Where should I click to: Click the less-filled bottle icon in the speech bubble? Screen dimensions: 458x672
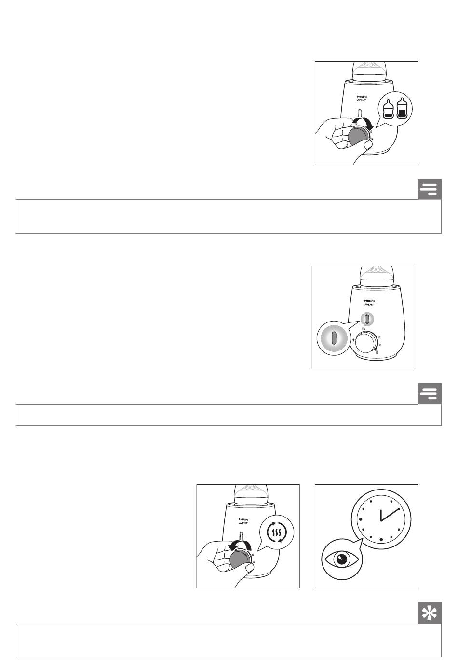[388, 110]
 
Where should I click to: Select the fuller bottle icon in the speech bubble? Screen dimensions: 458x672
[401, 109]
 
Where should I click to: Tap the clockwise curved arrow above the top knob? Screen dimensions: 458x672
[362, 121]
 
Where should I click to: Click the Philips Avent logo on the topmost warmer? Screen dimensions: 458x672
[362, 98]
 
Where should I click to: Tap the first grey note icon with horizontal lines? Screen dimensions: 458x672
[430, 189]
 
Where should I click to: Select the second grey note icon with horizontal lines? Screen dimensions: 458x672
[430, 393]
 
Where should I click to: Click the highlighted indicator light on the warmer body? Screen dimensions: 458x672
[367, 319]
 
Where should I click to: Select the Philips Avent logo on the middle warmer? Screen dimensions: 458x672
[369, 302]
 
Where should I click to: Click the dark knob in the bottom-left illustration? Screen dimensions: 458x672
[239, 560]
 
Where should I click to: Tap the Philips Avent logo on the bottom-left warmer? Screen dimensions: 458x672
[243, 521]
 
